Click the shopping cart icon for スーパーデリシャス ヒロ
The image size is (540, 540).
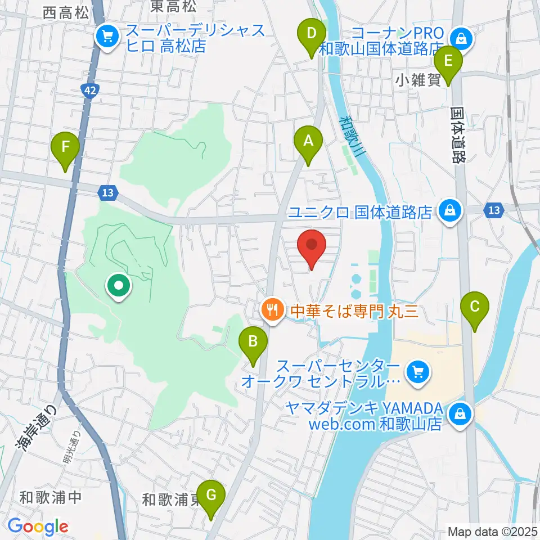[x=106, y=37]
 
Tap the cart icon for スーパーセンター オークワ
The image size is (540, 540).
[x=417, y=372]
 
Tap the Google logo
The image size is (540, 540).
[x=38, y=526]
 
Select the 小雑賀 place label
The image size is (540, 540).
[x=418, y=81]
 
